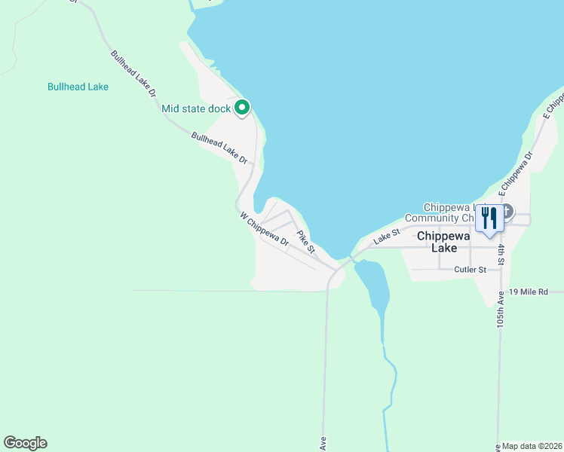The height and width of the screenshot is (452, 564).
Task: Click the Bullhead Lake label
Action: (78, 87)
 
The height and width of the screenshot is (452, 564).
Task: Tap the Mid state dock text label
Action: (196, 109)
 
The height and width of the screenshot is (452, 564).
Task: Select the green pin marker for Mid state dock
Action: (242, 109)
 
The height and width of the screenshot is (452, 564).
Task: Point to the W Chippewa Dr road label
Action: (265, 230)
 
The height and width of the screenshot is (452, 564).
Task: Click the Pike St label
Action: (305, 241)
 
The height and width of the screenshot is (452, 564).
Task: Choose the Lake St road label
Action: (386, 237)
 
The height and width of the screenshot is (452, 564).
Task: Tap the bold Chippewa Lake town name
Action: (445, 241)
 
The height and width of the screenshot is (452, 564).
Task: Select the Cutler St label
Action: (472, 269)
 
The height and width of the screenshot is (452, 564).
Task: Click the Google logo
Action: (25, 443)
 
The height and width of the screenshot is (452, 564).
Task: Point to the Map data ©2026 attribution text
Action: (532, 446)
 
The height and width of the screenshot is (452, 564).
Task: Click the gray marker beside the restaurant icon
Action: (507, 212)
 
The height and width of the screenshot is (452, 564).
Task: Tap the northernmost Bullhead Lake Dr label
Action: (133, 73)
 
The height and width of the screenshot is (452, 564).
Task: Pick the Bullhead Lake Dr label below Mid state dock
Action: (219, 148)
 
